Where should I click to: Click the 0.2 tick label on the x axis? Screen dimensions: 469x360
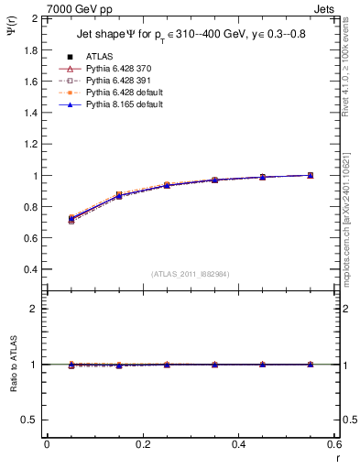click(x=142, y=444)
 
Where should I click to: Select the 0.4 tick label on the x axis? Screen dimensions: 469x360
click(x=238, y=444)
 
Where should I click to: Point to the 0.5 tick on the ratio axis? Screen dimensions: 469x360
click(x=28, y=420)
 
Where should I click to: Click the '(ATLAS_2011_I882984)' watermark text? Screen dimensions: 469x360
click(x=190, y=274)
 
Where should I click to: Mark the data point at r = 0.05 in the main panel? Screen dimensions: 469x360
click(x=71, y=219)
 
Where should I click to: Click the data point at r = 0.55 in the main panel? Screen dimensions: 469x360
click(x=311, y=175)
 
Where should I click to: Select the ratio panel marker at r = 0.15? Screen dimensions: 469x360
click(x=119, y=365)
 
